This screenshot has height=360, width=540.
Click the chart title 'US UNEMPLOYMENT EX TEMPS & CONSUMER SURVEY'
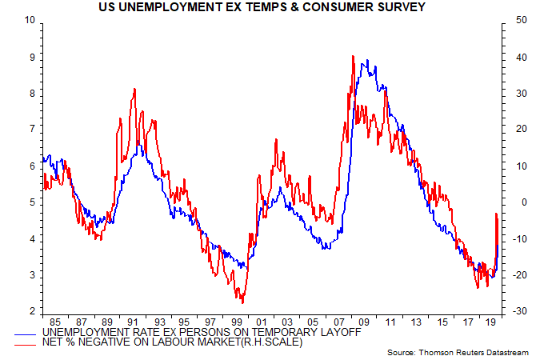[269, 8]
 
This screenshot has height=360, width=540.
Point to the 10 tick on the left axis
[30, 20]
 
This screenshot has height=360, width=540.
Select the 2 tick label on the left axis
[31, 311]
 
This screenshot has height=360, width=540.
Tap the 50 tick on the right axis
[510, 20]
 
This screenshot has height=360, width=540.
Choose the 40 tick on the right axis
[510, 57]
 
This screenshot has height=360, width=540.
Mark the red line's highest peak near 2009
[353, 56]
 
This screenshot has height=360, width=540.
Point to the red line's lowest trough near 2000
[242, 302]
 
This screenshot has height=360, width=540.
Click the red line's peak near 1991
[134, 89]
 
